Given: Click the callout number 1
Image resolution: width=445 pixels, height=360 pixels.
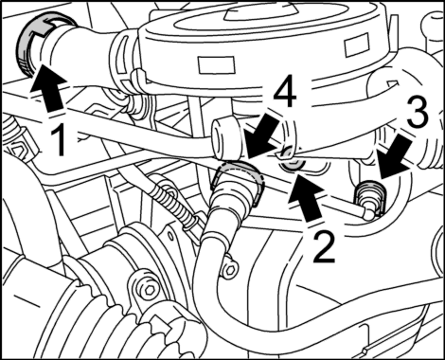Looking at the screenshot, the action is tap(60, 139).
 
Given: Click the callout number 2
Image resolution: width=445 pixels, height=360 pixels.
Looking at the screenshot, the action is tap(324, 247).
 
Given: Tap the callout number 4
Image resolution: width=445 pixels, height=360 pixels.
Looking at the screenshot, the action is tap(285, 94).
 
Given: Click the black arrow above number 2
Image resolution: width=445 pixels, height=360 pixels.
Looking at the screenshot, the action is tap(306, 199).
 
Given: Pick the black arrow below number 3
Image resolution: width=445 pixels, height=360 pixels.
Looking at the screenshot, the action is tap(396, 156).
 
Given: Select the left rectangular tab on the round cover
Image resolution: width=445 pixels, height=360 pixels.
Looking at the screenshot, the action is tap(217, 64).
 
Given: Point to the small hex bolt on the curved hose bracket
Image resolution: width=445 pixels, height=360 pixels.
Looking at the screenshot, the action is tap(231, 269).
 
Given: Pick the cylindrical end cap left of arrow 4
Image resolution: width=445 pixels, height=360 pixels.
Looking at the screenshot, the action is tap(225, 138).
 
